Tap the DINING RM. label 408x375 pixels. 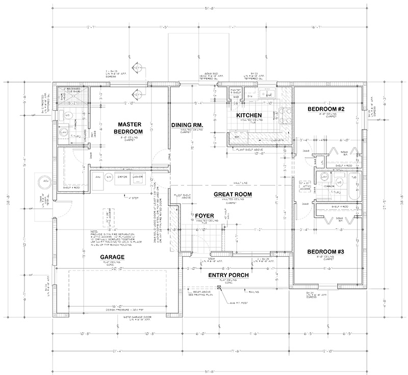[x=188, y=124]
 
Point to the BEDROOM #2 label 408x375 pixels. [x=327, y=109]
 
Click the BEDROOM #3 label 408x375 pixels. [x=327, y=252]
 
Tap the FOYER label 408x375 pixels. [x=205, y=216]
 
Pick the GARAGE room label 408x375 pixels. [x=112, y=257]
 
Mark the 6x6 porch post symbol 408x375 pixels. [x=219, y=288]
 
